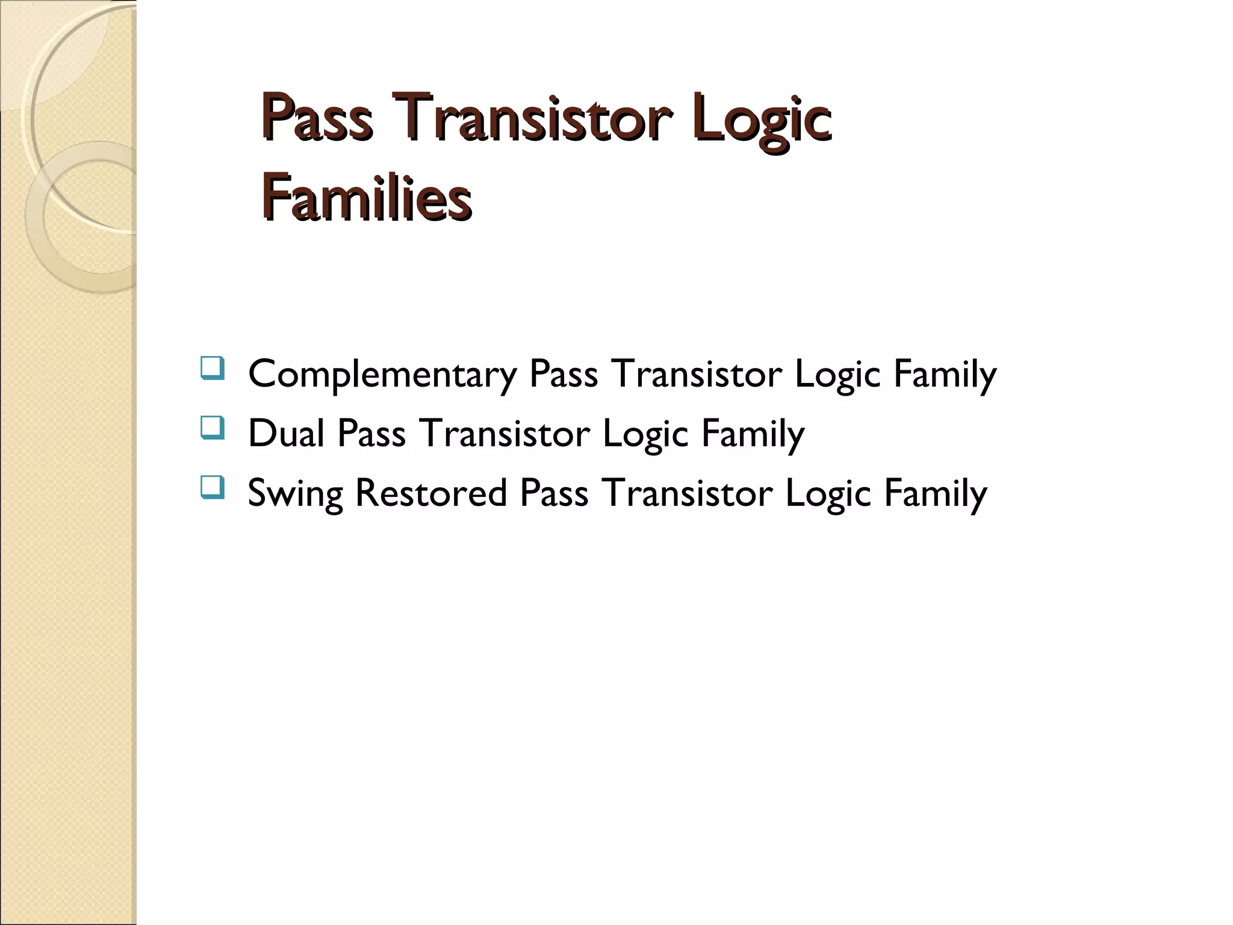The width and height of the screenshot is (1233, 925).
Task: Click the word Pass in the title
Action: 317,118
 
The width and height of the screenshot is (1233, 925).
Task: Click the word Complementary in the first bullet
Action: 382,375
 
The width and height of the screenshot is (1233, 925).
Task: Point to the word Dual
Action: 286,434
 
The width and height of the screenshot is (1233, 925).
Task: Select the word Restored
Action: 431,493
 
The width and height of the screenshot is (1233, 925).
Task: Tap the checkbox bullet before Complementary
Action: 211,368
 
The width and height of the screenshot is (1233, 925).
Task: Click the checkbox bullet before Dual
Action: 211,427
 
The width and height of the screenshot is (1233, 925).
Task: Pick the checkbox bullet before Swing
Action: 211,487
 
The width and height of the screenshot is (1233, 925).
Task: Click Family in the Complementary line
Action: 945,375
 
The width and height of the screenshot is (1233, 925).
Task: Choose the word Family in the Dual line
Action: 753,434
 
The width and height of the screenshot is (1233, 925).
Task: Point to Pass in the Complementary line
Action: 564,374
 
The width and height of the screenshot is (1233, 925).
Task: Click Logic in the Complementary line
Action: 837,375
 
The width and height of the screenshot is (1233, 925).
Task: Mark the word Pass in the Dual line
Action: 371,434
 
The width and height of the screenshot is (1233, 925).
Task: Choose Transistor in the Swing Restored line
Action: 687,493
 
